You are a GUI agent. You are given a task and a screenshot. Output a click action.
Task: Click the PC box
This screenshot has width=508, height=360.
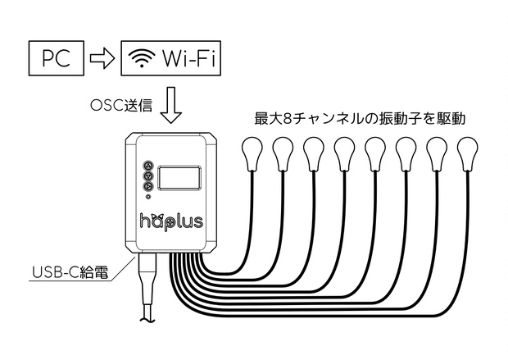[57, 58]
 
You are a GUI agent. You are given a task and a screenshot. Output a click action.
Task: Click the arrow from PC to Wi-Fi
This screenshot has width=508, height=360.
[102, 58]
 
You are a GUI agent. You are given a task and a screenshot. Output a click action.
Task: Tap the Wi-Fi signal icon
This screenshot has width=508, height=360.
[142, 58]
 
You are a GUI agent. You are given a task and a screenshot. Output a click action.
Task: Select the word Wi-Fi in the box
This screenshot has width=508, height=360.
[189, 58]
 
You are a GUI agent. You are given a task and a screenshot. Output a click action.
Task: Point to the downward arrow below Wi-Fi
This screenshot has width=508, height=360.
[171, 106]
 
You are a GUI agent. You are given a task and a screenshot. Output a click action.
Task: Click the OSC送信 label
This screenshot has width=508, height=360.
[121, 105]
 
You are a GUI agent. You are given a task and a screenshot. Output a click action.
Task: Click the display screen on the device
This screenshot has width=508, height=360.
[179, 178]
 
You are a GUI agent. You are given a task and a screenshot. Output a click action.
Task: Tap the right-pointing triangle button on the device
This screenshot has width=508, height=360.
[148, 186]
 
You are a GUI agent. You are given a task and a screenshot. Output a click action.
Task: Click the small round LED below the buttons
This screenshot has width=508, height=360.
[148, 197]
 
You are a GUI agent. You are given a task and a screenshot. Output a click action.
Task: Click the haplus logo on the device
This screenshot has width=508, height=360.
[171, 221]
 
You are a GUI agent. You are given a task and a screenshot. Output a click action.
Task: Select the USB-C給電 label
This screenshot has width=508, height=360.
[70, 272]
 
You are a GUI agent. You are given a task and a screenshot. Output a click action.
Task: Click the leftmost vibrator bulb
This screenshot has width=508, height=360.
[252, 153]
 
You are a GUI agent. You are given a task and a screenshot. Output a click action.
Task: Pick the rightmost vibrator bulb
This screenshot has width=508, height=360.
[468, 153]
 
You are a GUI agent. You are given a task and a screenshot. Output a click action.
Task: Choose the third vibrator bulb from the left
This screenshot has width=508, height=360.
[313, 153]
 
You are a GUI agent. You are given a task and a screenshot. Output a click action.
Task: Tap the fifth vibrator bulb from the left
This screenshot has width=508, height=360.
[375, 153]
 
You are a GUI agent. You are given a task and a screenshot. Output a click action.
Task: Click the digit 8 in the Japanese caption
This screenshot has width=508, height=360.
[288, 119]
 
